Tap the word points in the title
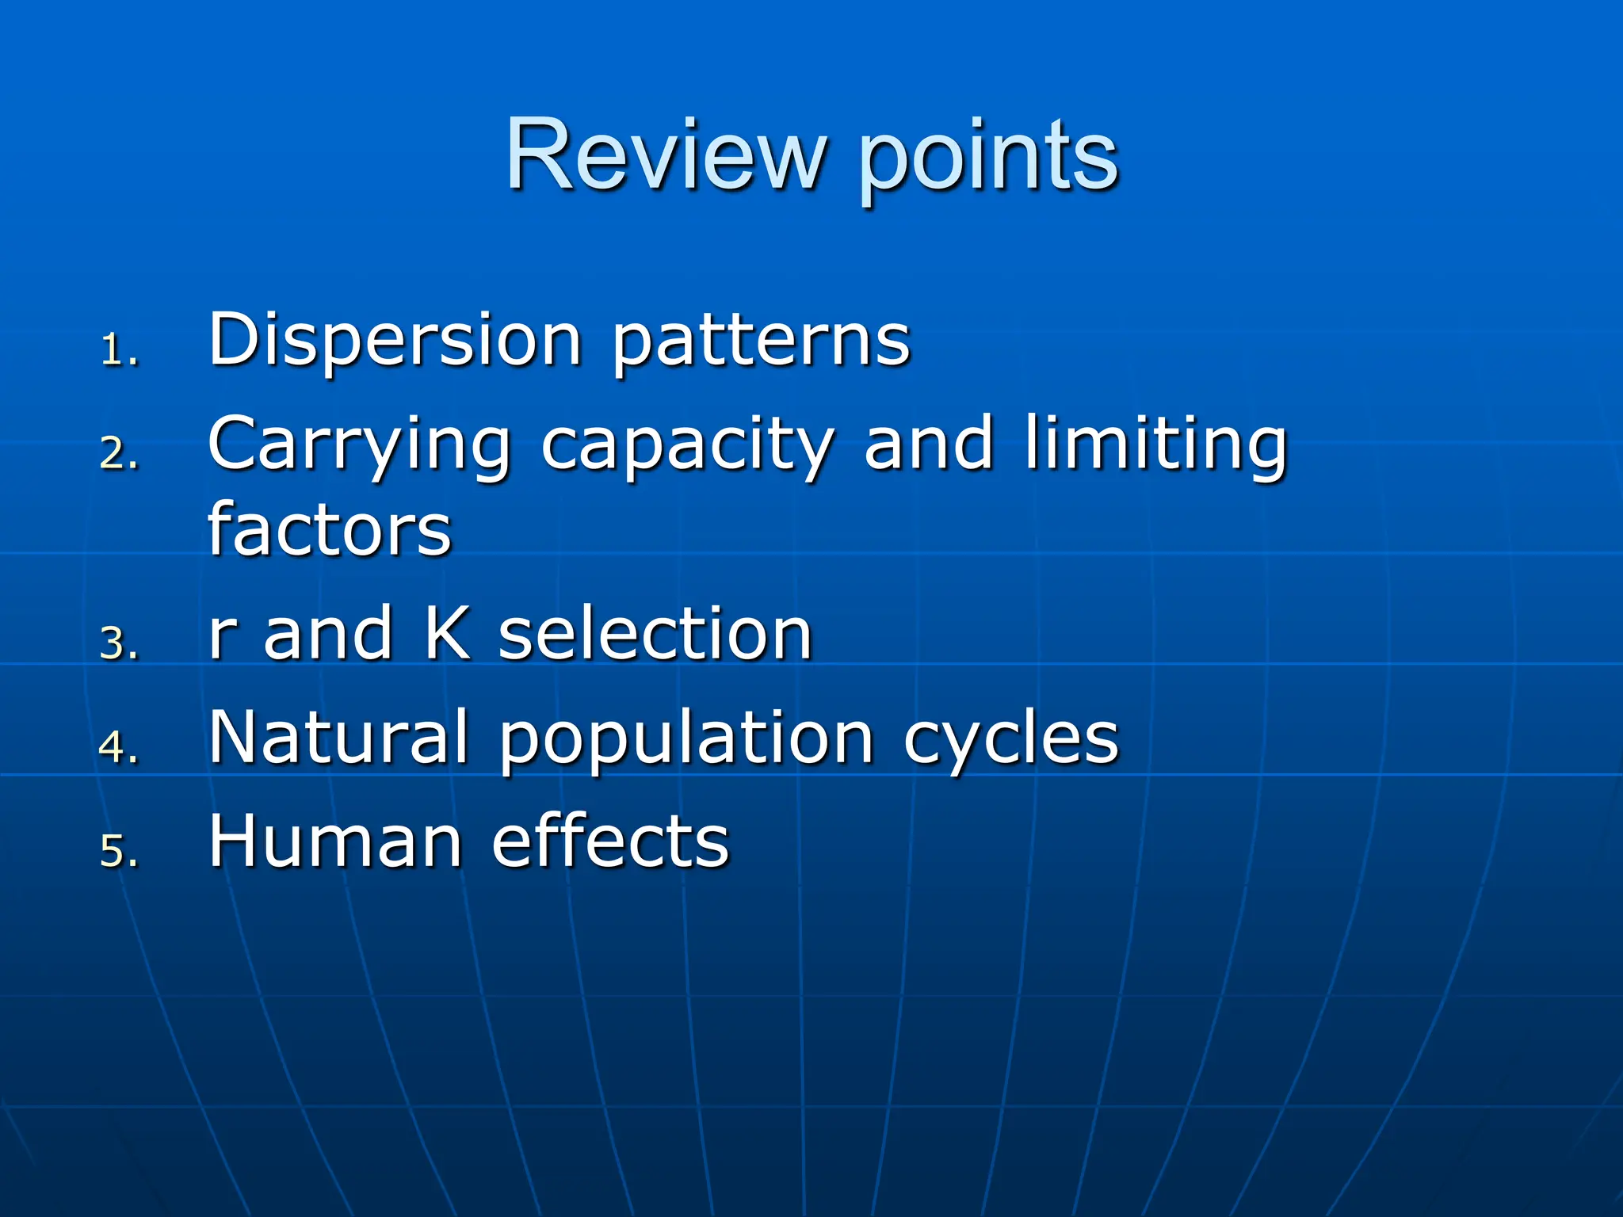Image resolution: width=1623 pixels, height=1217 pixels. click(989, 158)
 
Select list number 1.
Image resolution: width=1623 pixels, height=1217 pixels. click(119, 349)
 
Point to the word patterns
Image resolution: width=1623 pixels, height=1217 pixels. click(761, 342)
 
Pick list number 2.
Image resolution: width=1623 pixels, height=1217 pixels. click(119, 454)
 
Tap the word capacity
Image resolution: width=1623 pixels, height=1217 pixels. click(687, 448)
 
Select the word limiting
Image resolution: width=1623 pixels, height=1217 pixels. click(1155, 445)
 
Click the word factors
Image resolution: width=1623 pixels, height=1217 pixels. click(329, 529)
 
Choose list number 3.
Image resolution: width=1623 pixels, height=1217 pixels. click(119, 643)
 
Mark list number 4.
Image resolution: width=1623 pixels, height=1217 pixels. click(119, 746)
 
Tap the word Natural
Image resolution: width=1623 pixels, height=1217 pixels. click(338, 738)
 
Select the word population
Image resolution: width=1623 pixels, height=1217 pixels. click(686, 741)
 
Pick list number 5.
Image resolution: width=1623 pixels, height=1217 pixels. click(119, 851)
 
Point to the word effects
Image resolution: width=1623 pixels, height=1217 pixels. click(610, 841)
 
